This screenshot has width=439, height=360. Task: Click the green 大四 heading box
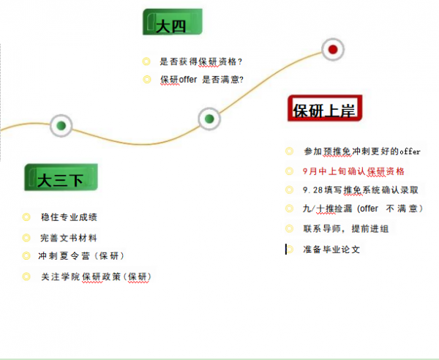[x=172, y=22]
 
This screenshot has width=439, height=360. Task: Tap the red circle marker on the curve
[x=333, y=50]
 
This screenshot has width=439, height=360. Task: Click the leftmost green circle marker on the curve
[x=61, y=126]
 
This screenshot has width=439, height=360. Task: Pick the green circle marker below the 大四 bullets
[x=209, y=119]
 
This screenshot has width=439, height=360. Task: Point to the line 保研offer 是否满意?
[x=202, y=79]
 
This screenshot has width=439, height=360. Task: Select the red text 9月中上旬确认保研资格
[x=353, y=171]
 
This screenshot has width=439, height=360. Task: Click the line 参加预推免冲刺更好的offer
[x=362, y=151]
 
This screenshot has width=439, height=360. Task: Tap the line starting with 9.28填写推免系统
[x=361, y=190]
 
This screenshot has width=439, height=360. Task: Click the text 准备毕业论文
[x=331, y=250]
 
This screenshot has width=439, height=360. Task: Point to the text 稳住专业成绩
[x=69, y=217]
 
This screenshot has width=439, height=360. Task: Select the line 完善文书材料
[x=69, y=238]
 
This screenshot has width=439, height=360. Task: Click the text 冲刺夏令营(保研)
[x=80, y=255]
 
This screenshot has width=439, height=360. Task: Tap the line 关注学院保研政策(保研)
[x=96, y=277]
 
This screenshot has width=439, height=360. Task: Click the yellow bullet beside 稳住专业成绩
[x=26, y=217]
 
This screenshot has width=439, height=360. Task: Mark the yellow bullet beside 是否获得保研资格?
[x=146, y=61]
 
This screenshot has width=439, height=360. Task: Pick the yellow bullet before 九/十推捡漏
[x=290, y=209]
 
